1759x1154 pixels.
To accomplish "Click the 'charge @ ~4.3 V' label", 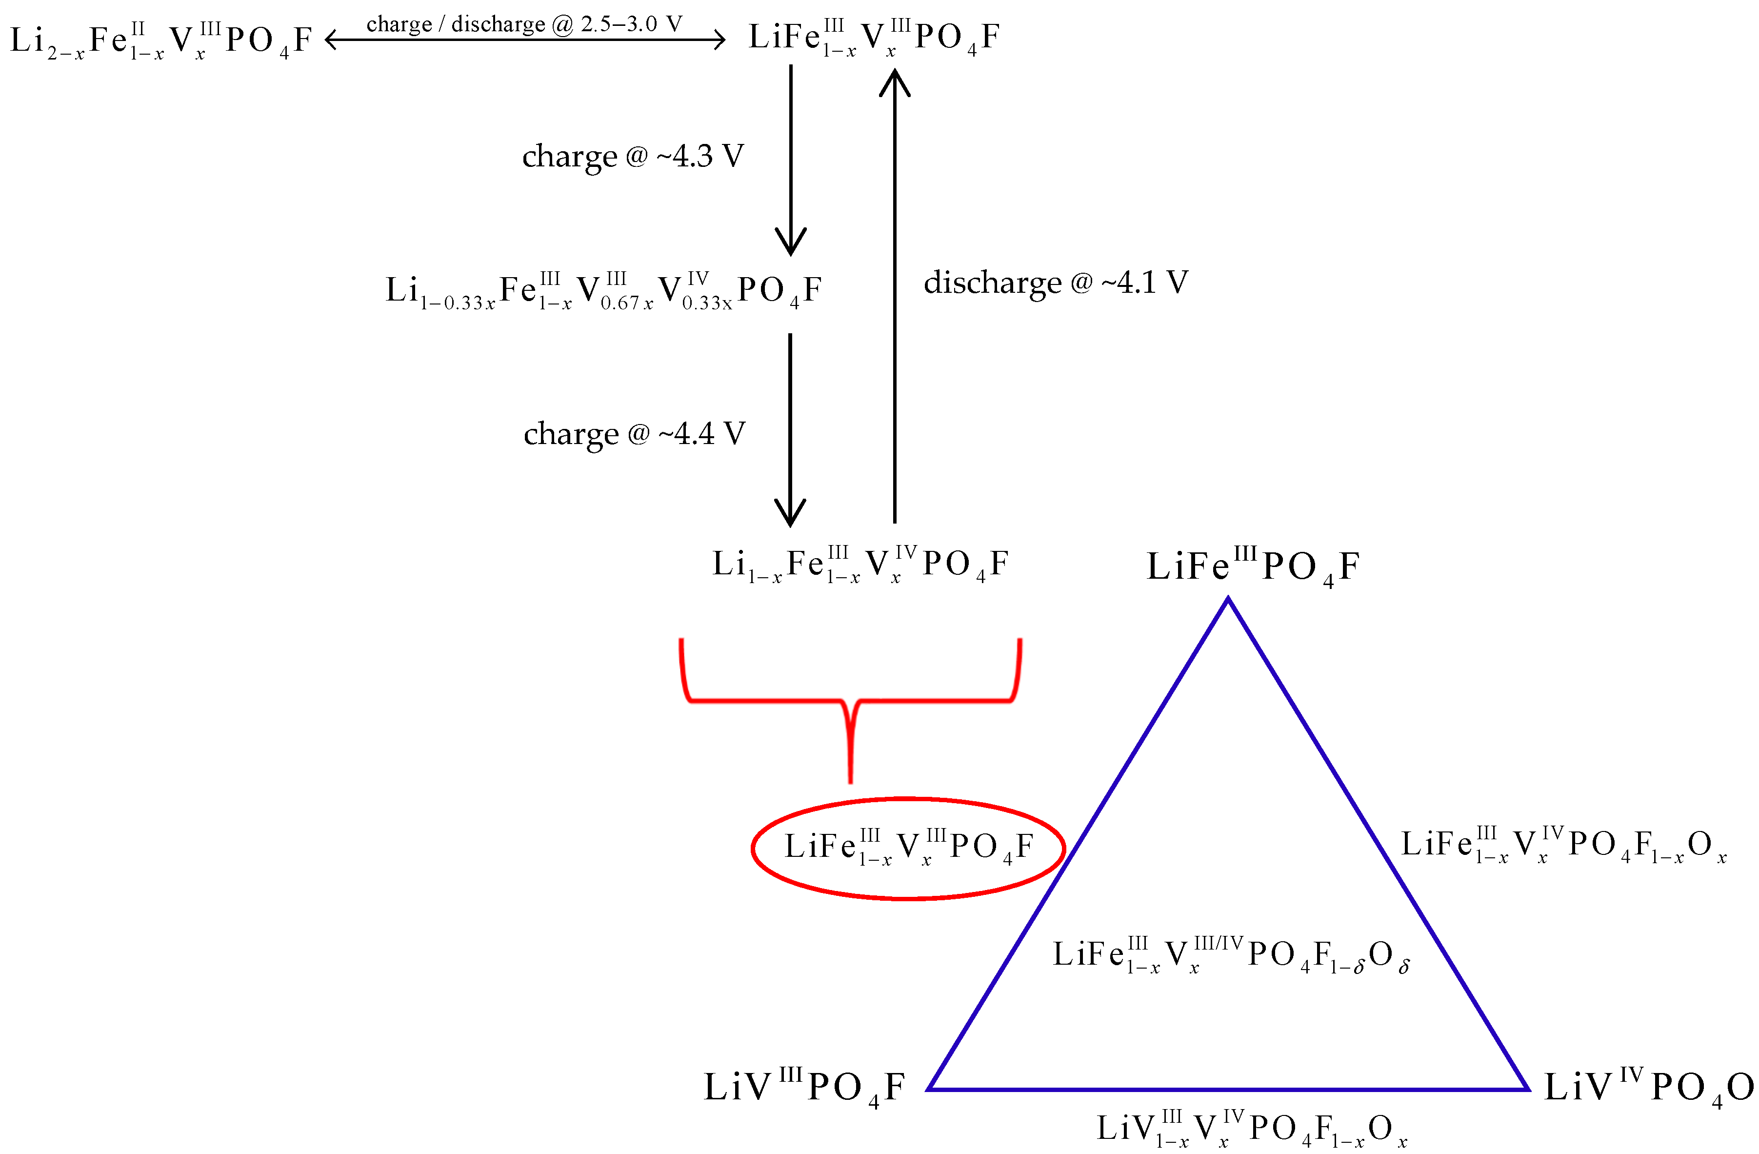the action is [633, 156].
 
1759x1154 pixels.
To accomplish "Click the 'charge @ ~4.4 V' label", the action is [634, 434].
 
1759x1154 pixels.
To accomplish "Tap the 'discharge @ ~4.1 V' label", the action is [1056, 283].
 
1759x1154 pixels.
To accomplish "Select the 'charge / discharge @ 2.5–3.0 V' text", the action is [524, 24].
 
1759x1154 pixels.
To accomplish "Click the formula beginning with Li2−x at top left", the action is [161, 40].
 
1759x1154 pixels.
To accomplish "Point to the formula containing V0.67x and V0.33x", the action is [603, 290].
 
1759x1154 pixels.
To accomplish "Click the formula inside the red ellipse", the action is [908, 847].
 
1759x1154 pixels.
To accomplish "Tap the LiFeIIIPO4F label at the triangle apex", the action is [1253, 567].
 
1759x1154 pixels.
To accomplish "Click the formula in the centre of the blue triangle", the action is [1231, 955].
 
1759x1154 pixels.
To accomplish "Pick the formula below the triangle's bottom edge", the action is [1251, 1129].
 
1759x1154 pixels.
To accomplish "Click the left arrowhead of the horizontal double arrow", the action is [330, 40].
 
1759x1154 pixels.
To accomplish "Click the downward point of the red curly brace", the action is [851, 780].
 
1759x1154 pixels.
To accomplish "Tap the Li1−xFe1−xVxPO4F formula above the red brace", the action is [860, 565].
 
